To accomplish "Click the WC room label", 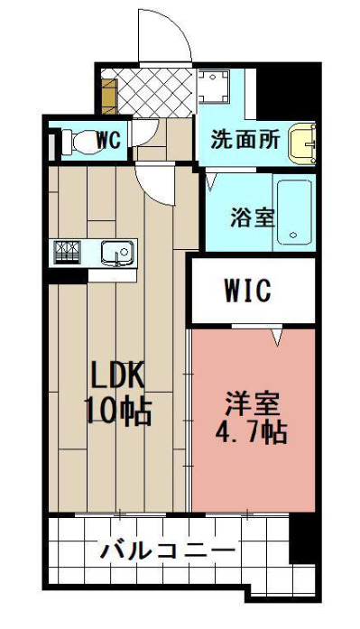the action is click(108, 140).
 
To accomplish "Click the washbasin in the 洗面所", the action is click(302, 144).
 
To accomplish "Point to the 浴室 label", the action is click(252, 217).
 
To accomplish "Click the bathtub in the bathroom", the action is click(295, 212).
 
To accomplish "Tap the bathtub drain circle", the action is click(293, 236).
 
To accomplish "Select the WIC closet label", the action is click(248, 291).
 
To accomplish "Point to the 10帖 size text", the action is click(118, 412).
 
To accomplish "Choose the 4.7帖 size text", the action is click(251, 432).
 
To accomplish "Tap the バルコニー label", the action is click(168, 550).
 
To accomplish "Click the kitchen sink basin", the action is click(117, 253).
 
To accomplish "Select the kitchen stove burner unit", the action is click(68, 252).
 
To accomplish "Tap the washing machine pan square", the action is click(214, 87).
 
